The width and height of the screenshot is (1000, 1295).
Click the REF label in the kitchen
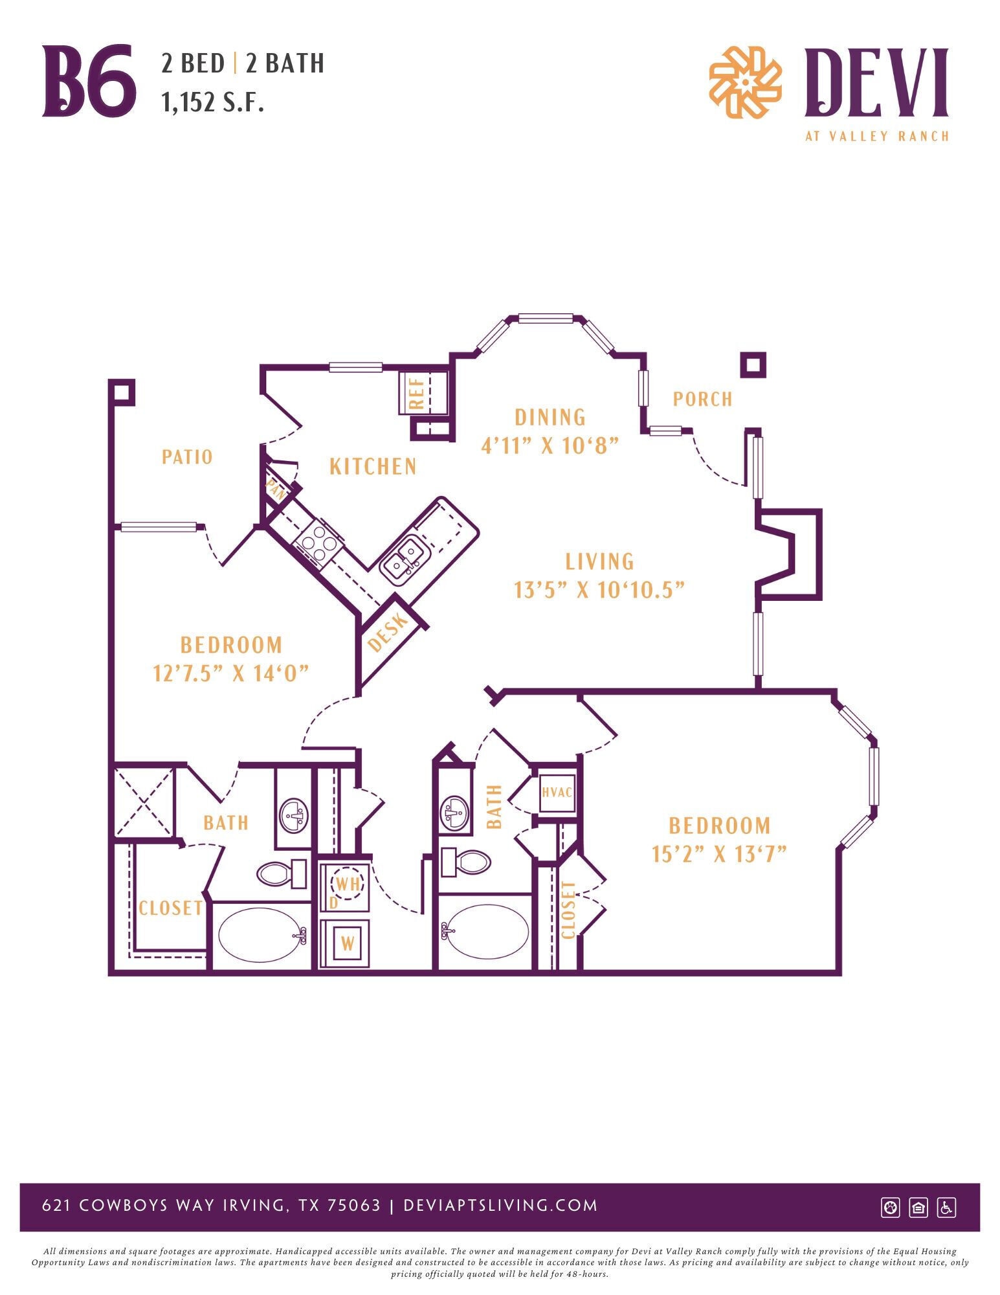pyautogui.click(x=417, y=394)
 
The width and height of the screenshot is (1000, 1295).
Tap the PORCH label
pyautogui.click(x=702, y=399)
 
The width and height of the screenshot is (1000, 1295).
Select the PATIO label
pyautogui.click(x=187, y=456)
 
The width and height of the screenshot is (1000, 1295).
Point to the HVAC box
pyautogui.click(x=557, y=792)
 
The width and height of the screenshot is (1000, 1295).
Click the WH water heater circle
pyautogui.click(x=348, y=883)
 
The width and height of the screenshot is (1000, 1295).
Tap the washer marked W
pyautogui.click(x=348, y=943)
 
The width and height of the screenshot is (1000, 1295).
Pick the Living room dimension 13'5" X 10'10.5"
pyautogui.click(x=599, y=590)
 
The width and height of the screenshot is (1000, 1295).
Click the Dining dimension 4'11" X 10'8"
pyautogui.click(x=550, y=445)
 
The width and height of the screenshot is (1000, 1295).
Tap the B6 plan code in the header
pyautogui.click(x=89, y=82)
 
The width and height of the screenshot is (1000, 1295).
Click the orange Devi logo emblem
pyautogui.click(x=744, y=82)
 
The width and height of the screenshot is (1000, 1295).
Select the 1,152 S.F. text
pyautogui.click(x=213, y=102)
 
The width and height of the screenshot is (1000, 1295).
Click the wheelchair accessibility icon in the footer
pyautogui.click(x=946, y=1207)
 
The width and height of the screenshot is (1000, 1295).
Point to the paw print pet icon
pyautogui.click(x=891, y=1207)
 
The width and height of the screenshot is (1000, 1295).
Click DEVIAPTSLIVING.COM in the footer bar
pyautogui.click(x=500, y=1206)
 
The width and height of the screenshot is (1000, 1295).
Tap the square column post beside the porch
pyautogui.click(x=753, y=365)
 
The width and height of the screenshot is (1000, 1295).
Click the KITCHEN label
pyautogui.click(x=373, y=466)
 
